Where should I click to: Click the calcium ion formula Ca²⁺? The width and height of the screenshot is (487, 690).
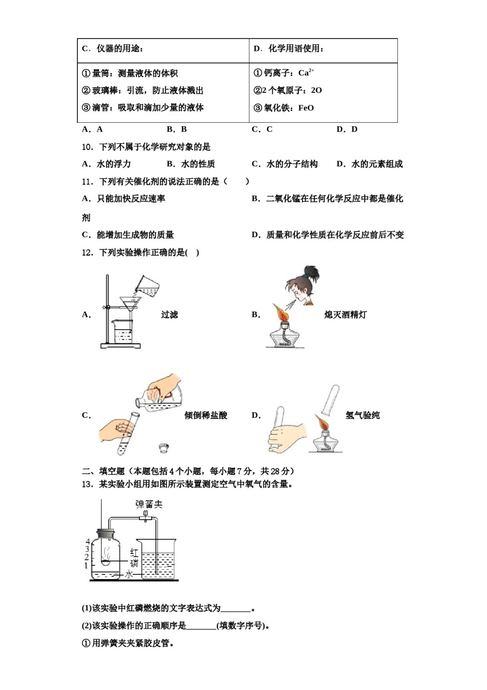pos(306,73)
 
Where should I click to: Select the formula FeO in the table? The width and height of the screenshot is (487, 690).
pos(306,108)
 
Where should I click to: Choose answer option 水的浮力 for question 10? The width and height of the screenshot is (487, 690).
pos(113,164)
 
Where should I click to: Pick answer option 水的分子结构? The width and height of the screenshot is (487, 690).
pos(292,164)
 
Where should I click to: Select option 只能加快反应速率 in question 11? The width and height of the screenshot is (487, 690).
pos(131,199)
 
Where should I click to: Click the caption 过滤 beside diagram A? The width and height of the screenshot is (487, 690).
pos(169,315)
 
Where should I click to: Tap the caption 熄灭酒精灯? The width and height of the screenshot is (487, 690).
pos(345,315)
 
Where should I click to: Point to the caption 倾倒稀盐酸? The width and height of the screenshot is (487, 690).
pos(206,415)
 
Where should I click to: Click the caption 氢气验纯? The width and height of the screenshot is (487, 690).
pos(362,415)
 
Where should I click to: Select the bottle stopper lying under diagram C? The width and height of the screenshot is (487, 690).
pos(164,447)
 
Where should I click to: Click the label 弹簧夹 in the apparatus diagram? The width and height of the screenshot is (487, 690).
pos(149,504)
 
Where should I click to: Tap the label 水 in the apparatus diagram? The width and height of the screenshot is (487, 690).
pos(129,574)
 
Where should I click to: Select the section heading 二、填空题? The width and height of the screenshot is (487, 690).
pos(104,471)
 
